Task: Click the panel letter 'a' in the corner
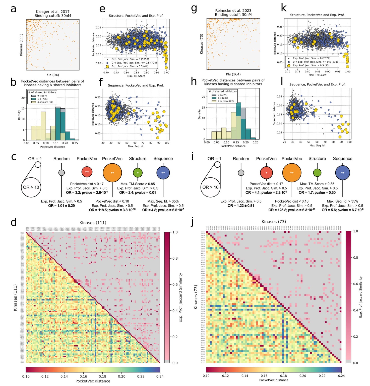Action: (x=13, y=9)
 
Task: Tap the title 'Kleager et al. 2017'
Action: (x=53, y=12)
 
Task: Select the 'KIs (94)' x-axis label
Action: (x=53, y=75)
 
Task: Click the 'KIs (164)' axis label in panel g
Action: (x=233, y=74)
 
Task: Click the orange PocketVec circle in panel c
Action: (x=112, y=173)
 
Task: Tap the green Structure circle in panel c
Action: (x=138, y=173)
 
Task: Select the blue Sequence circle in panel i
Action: (x=342, y=173)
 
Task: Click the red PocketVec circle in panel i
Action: (x=266, y=173)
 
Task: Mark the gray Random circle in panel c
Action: (x=61, y=173)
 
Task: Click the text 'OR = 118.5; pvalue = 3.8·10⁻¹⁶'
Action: (x=112, y=210)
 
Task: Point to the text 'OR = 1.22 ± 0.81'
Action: (x=241, y=206)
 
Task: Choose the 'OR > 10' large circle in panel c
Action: (x=31, y=187)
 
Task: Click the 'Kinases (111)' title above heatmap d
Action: (x=93, y=223)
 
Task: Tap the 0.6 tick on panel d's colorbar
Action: (x=175, y=284)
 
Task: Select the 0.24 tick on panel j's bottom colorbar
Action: (x=341, y=376)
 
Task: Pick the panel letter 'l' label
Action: (x=282, y=81)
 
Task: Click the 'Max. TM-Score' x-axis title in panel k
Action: (x=317, y=75)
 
